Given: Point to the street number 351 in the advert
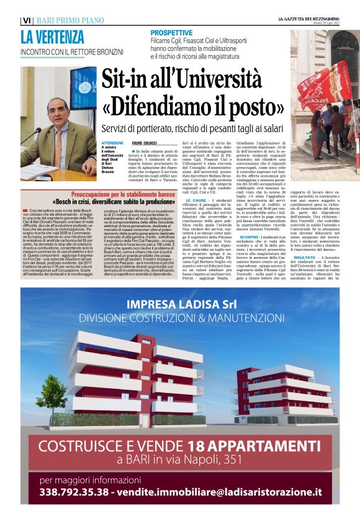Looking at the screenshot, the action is click(236, 460).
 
